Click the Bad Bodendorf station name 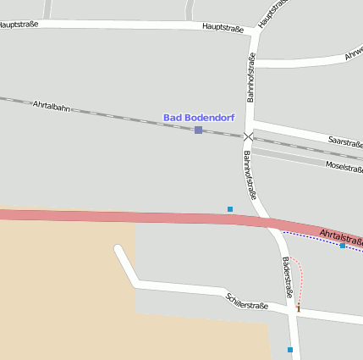199,117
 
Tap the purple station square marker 198,130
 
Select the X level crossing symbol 248,136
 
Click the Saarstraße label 344,141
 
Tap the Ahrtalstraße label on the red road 341,235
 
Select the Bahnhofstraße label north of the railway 251,77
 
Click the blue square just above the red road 229,208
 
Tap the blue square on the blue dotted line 342,246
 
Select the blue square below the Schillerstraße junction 290,349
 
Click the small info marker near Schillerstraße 298,307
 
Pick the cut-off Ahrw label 353,56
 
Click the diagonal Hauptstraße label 273,13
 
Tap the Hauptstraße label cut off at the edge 19,25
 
